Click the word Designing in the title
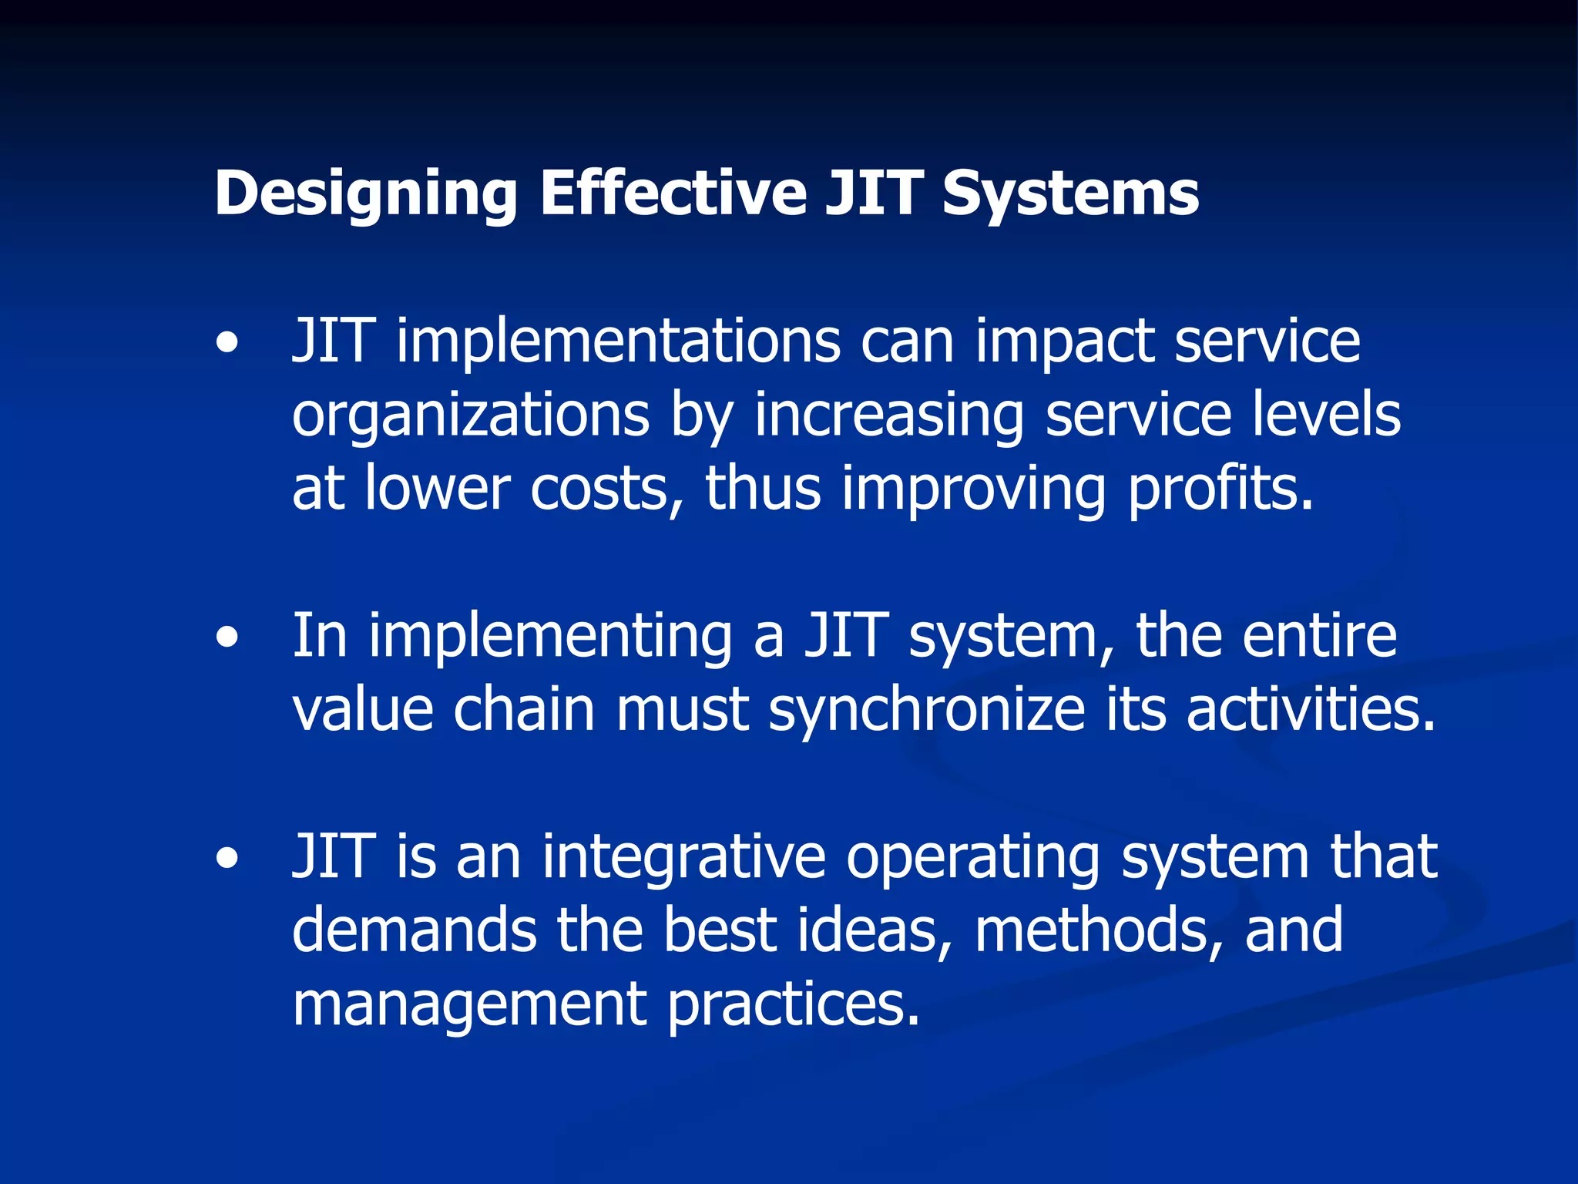pos(365,194)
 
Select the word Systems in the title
pos(1070,194)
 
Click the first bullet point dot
pos(227,343)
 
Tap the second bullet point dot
pos(227,638)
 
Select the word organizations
pos(471,416)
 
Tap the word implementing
pos(550,637)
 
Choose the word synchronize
pos(927,710)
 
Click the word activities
pos(1311,710)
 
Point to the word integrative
pos(683,857)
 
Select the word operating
pos(973,859)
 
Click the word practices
pos(794,1005)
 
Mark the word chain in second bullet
pos(524,710)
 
